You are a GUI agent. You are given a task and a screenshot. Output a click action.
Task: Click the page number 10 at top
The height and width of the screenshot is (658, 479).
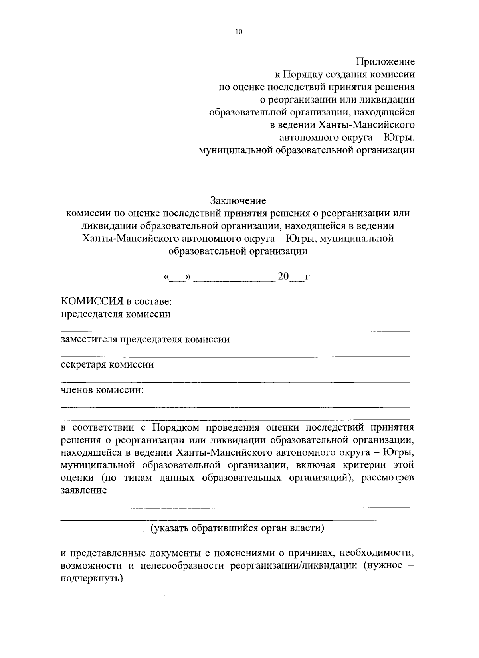click(239, 32)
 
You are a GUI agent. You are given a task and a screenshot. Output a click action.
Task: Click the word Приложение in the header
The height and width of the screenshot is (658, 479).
click(385, 62)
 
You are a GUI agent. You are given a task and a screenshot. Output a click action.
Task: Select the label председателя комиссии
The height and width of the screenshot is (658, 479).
click(115, 314)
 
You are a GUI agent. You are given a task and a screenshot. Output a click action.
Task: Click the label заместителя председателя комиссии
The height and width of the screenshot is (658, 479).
click(145, 340)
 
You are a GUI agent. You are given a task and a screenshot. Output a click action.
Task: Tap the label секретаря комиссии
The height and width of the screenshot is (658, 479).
click(107, 365)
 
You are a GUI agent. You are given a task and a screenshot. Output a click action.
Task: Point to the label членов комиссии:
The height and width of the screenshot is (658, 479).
click(102, 390)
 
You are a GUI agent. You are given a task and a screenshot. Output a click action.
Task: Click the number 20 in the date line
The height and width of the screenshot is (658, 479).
click(283, 276)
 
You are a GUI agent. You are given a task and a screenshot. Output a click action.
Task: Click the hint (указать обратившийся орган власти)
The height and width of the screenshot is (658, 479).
click(237, 528)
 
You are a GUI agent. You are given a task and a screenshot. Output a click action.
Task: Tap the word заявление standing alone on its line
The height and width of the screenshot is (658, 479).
click(83, 490)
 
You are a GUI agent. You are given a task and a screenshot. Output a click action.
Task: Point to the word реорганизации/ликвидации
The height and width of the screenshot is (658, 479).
click(294, 566)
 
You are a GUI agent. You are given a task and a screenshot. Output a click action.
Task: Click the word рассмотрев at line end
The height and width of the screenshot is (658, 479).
click(387, 478)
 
